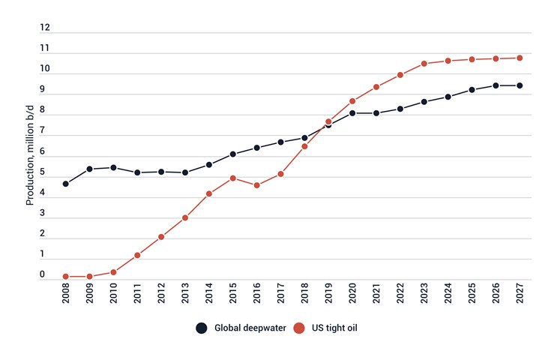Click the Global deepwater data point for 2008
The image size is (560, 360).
[66, 184]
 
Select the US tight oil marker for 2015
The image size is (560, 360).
[233, 178]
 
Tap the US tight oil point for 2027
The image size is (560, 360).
[520, 58]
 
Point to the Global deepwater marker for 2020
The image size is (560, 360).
[352, 113]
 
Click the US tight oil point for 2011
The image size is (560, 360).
[138, 256]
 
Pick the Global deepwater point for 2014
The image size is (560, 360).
[209, 165]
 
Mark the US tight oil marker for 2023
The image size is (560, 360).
[424, 64]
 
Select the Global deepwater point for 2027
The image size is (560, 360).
[520, 85]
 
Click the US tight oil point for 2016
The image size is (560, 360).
[257, 185]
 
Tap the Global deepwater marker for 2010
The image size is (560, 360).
[114, 167]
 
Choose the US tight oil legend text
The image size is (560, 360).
[338, 328]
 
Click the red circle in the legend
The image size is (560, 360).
[298, 328]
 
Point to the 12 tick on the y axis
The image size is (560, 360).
[45, 28]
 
